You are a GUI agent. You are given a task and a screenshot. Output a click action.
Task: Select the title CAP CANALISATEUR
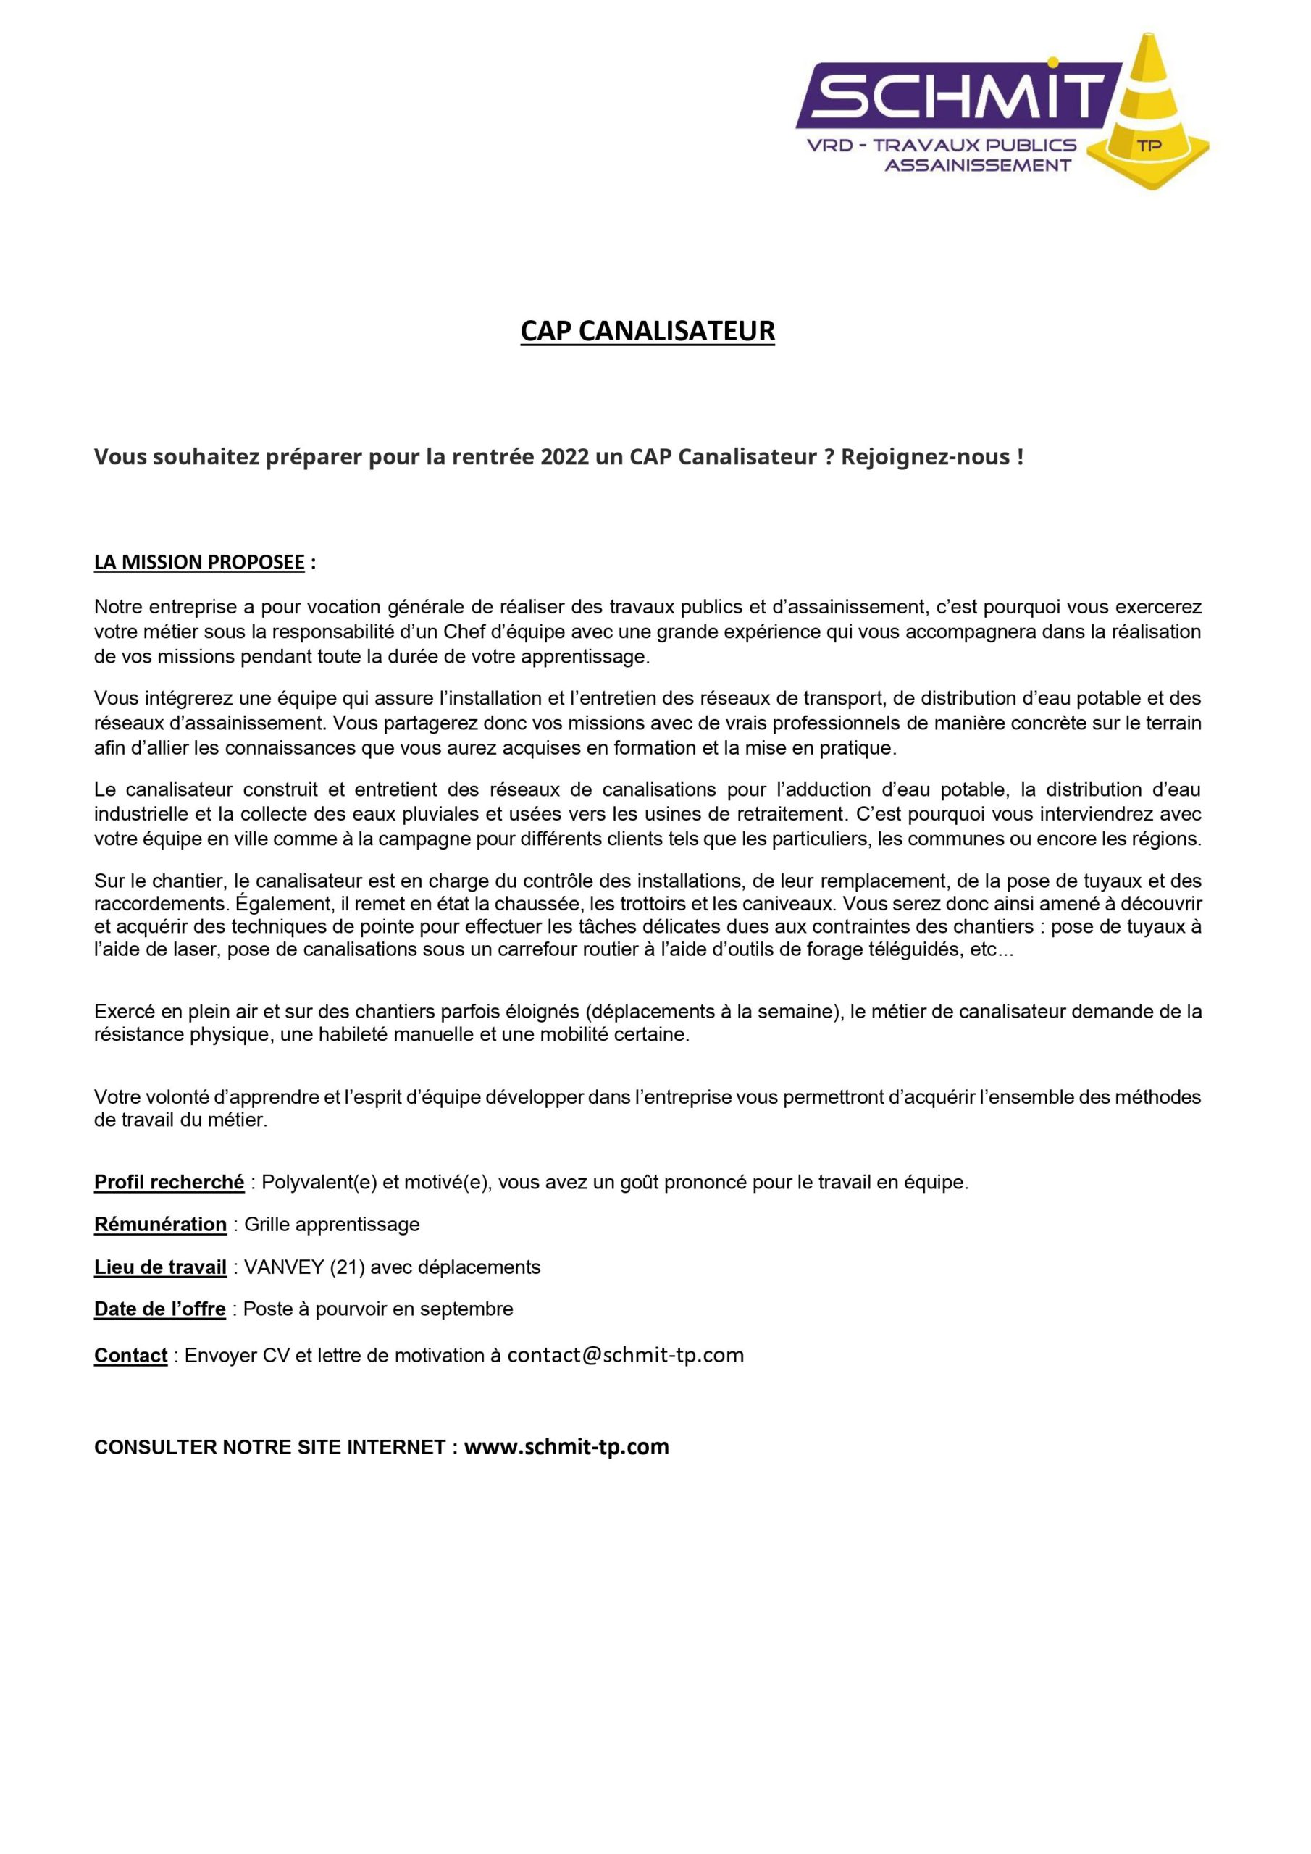tap(647, 331)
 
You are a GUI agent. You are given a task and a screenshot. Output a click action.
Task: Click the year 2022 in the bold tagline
tap(566, 457)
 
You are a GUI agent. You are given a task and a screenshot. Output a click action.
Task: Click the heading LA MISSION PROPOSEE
tap(199, 563)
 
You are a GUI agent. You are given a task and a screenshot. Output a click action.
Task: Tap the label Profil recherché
tap(169, 1182)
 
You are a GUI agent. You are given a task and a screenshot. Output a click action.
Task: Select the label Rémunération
tap(160, 1224)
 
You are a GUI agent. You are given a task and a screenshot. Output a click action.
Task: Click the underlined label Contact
tap(131, 1356)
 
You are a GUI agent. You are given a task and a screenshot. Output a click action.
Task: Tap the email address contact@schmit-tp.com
tap(625, 1355)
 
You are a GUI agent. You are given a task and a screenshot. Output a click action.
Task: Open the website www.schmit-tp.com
tap(566, 1446)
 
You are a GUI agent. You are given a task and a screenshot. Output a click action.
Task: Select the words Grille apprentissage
tap(332, 1224)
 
